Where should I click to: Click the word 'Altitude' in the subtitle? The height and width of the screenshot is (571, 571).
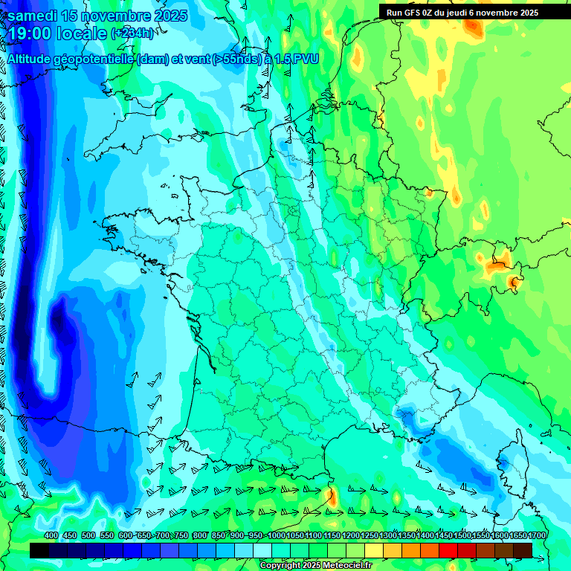click(x=33, y=59)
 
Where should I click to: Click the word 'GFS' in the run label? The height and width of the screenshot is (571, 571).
click(x=415, y=12)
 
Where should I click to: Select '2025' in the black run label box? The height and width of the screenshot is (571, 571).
click(x=529, y=12)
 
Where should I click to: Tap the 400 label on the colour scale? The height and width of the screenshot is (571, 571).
click(x=51, y=536)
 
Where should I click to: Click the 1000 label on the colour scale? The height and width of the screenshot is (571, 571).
click(x=277, y=536)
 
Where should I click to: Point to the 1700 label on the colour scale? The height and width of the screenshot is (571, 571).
click(x=537, y=536)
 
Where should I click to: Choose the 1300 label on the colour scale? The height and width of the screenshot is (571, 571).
click(x=388, y=536)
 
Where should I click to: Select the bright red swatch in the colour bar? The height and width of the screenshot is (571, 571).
click(x=448, y=549)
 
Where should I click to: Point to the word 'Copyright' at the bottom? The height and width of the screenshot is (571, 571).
click(x=282, y=566)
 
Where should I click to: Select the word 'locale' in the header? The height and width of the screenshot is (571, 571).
click(x=81, y=33)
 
